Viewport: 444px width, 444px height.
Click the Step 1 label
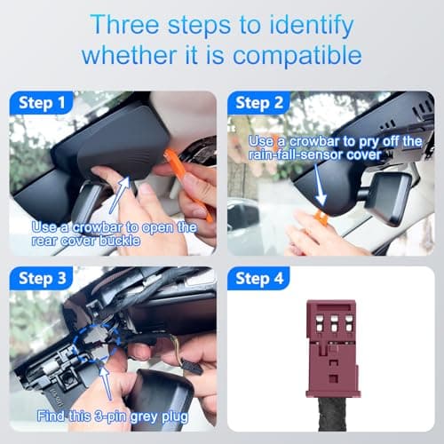pyautogui.click(x=42, y=103)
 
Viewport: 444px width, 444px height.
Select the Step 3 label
pyautogui.click(x=42, y=279)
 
